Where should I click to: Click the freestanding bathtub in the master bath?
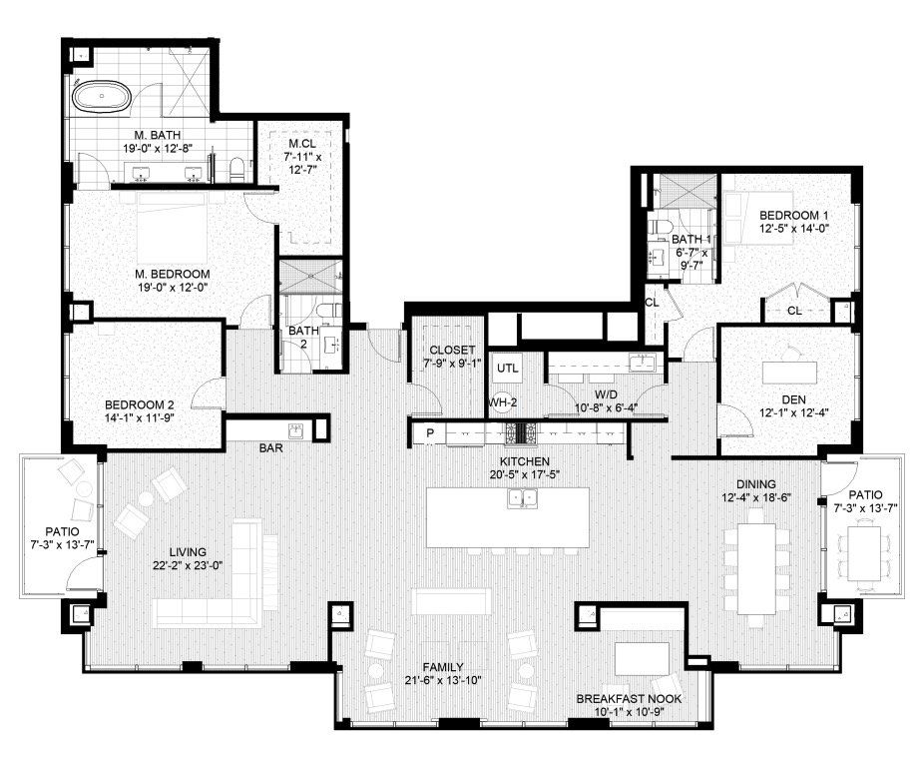coord(102,96)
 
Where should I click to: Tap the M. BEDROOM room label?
coord(173,274)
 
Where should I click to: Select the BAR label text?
coord(271,448)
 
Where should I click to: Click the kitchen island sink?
coord(523,498)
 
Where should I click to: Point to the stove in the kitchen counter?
coord(521,433)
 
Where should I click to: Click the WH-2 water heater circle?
coord(503,403)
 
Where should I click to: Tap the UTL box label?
coord(508,368)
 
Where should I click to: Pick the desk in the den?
coord(789,373)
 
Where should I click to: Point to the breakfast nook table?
coord(643,659)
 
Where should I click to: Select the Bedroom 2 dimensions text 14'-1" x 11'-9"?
coord(140,418)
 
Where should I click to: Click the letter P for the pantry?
coord(430,433)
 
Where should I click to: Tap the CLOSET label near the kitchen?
coord(452,351)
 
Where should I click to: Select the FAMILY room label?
coord(443,667)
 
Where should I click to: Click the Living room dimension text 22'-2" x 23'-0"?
coord(188,566)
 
